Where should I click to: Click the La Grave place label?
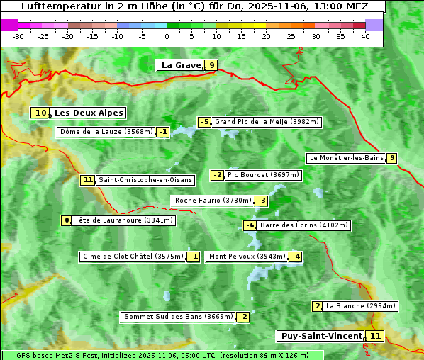click(x=182, y=65)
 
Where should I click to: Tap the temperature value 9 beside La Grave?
click(x=211, y=65)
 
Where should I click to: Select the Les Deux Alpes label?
click(x=89, y=113)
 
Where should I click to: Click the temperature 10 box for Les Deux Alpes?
click(x=40, y=113)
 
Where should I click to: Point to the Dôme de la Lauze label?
click(x=106, y=132)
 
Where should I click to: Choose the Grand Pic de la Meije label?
click(x=267, y=122)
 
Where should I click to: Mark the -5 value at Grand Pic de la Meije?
click(x=205, y=122)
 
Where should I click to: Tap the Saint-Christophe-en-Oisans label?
click(x=145, y=180)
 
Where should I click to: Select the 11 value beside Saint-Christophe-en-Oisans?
click(x=87, y=180)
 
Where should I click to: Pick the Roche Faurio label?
click(x=213, y=201)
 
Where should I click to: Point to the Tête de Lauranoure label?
click(x=124, y=220)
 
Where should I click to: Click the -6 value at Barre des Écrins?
click(x=250, y=225)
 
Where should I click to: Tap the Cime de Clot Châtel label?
click(x=133, y=257)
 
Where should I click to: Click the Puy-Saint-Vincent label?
click(x=321, y=336)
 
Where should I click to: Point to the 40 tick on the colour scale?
click(x=365, y=36)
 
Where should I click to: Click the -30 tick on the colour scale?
click(x=18, y=36)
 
